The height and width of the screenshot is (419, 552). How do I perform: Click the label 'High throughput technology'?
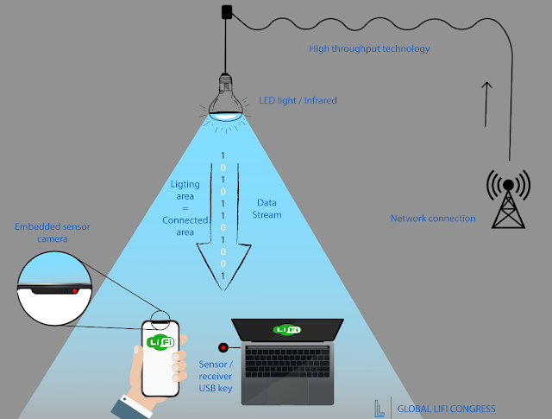point(369,49)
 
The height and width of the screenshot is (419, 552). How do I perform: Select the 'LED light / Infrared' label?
point(298,101)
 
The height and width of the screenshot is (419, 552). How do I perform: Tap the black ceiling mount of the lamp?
point(227,13)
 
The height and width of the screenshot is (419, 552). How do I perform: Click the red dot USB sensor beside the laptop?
point(223,348)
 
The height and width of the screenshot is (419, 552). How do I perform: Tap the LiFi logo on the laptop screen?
point(286,329)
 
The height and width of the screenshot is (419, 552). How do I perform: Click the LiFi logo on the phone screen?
point(160,343)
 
